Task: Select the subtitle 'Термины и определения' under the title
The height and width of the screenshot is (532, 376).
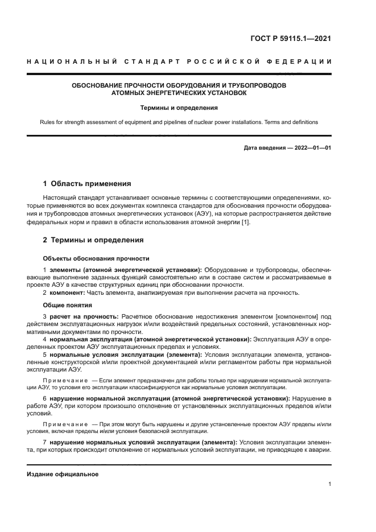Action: click(x=179, y=107)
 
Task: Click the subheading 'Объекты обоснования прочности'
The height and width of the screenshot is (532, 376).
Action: click(x=96, y=258)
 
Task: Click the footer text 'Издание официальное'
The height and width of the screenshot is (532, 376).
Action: click(x=63, y=473)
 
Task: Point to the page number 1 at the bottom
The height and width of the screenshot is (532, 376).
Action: click(x=330, y=484)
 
